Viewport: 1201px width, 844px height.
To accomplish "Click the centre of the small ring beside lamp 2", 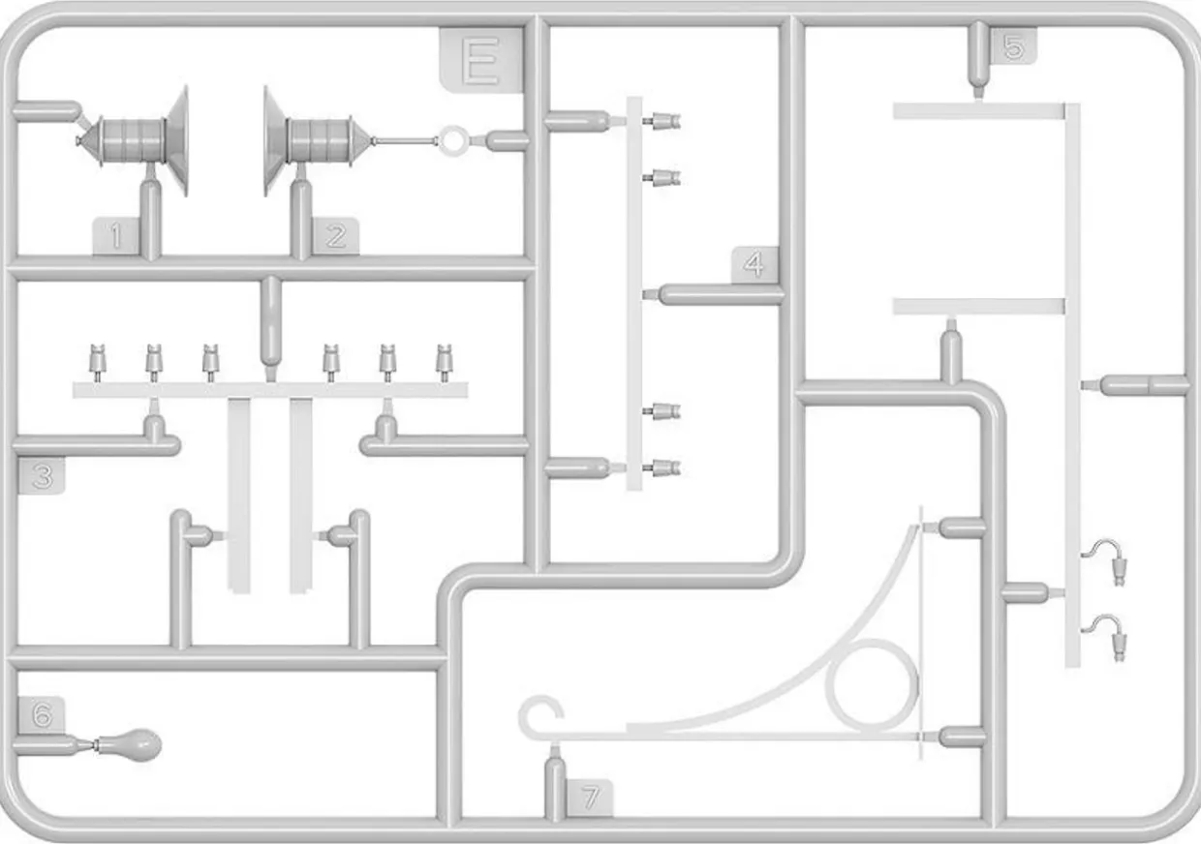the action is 453,141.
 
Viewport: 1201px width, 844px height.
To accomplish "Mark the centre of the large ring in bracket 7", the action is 872,686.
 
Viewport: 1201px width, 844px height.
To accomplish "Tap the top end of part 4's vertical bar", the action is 634,98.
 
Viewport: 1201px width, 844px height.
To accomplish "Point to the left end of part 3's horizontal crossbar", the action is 74,390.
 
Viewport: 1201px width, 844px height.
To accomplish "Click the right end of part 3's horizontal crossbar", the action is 467,390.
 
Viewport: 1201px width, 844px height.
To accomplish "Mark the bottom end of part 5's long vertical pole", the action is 1072,667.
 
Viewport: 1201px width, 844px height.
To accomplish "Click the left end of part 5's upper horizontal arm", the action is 894,111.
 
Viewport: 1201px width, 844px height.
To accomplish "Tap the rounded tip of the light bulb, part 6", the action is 160,744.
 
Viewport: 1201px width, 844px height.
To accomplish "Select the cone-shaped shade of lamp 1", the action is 176,141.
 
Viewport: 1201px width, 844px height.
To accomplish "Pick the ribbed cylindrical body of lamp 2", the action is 319,141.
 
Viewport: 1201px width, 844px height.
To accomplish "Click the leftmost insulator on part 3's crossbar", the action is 97,363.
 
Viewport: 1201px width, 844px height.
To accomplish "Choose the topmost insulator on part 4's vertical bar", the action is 662,122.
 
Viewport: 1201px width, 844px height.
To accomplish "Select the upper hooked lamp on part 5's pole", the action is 1105,561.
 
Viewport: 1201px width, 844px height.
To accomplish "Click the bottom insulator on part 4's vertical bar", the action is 662,467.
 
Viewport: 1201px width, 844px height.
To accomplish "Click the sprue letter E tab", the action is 481,60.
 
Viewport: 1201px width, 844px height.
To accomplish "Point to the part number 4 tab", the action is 754,265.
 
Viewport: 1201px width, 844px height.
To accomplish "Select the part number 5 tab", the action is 1013,46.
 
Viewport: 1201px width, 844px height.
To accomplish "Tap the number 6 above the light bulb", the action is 42,714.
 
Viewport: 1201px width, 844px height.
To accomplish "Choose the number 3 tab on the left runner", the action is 42,476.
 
